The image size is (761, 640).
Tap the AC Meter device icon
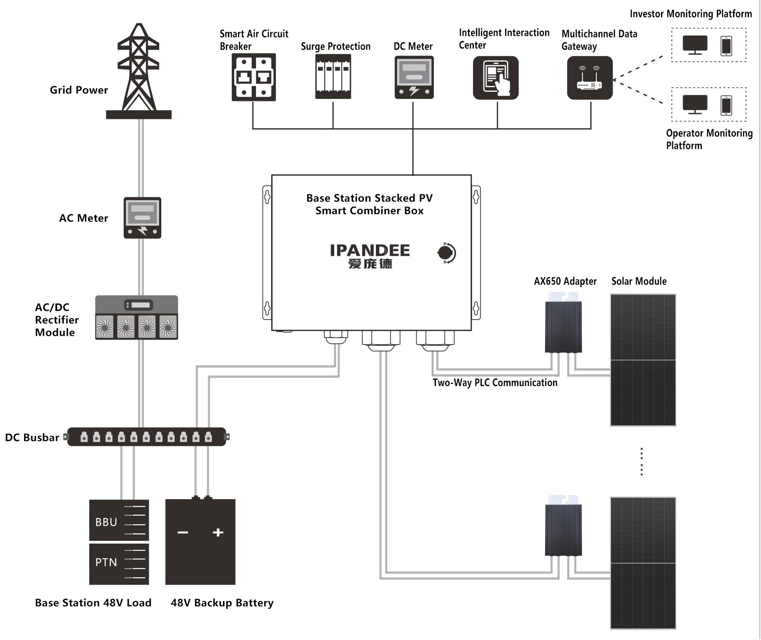point(142,218)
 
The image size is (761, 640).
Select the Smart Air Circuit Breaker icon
point(253,77)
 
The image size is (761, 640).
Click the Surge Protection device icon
point(333,77)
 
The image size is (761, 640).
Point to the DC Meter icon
point(414,78)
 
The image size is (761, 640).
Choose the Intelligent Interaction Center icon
point(496,78)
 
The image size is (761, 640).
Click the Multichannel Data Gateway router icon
point(590,78)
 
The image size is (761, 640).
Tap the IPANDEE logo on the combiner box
point(370,256)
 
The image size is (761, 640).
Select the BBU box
point(119,520)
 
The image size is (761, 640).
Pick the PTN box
point(119,564)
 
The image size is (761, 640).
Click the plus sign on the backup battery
point(218,532)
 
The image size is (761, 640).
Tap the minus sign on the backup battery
point(183,532)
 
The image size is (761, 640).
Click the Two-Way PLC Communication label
point(495,383)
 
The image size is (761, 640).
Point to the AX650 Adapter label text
point(565,281)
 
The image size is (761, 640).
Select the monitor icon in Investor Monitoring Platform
point(695,45)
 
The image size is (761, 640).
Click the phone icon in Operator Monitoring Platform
point(726,105)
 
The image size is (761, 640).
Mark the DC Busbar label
point(32,438)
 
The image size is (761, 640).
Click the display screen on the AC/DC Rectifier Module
point(139,305)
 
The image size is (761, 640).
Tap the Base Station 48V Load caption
point(93,603)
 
